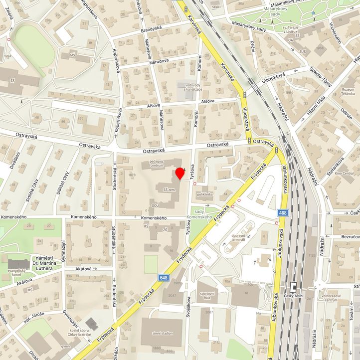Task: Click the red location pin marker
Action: point(180,175)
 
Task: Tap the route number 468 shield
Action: point(283,213)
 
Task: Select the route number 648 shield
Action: point(164,277)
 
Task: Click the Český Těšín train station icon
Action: point(293,288)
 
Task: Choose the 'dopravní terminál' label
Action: point(238,237)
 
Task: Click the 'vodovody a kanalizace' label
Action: point(193,87)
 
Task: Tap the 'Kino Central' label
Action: point(344,173)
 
